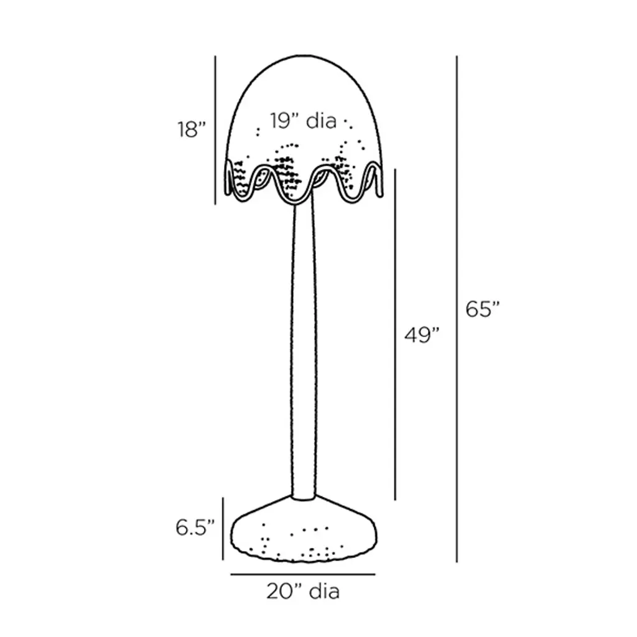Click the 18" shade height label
[192, 129]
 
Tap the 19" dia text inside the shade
[304, 121]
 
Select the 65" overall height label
[482, 309]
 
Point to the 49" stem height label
[422, 335]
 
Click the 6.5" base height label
[195, 528]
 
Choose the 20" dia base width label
[303, 591]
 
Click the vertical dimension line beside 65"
[457, 309]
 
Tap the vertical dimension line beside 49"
[395, 334]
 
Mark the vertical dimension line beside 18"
[215, 130]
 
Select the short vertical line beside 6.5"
[223, 529]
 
